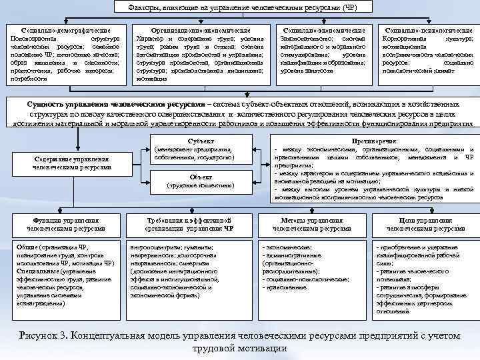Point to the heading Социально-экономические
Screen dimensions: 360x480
click(x=324, y=31)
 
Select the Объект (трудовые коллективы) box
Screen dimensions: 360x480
click(x=201, y=180)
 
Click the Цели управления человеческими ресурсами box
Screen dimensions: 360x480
click(x=426, y=224)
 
